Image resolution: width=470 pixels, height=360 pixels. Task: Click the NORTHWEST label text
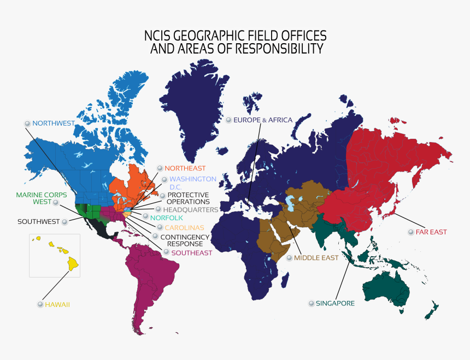point(53,123)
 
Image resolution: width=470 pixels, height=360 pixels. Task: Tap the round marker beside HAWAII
point(40,304)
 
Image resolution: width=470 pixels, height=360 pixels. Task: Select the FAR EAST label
point(431,232)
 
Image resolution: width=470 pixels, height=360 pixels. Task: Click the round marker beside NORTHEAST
point(160,168)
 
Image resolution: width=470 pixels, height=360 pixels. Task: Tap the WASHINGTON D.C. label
point(192,182)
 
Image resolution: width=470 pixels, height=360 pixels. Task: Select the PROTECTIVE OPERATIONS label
point(188,199)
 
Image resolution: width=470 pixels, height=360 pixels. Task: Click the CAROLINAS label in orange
point(184,227)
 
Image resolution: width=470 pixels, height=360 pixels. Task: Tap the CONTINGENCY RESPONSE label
point(185,240)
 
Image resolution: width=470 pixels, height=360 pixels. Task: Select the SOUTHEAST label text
point(191,253)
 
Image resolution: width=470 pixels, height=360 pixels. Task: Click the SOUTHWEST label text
point(38,222)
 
